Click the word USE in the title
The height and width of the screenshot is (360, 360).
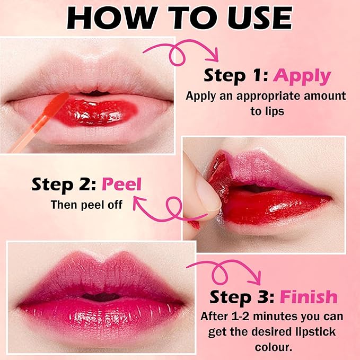[x=260, y=18]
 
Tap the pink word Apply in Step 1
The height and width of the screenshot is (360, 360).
[x=302, y=76]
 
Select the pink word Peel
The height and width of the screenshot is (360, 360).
[x=121, y=185]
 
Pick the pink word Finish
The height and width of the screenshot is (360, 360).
[x=309, y=296]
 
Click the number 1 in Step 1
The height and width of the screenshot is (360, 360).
[x=259, y=75]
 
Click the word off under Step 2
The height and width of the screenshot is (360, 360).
[x=115, y=205]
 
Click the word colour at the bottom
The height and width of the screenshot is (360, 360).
[x=274, y=347]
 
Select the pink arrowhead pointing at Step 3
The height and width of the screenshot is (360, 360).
[x=256, y=278]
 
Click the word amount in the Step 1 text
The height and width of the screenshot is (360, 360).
[x=325, y=96]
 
